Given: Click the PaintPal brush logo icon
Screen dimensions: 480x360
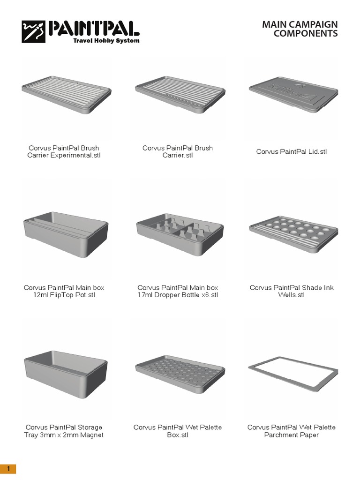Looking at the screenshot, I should tap(33, 31).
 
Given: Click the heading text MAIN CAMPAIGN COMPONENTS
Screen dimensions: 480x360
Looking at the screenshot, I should tap(300, 29).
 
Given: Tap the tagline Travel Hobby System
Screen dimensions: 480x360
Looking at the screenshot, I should tap(106, 41).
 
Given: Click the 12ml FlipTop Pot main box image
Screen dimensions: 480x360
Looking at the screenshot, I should tap(66, 232).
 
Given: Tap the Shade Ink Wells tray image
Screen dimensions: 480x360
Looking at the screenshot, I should tap(292, 232).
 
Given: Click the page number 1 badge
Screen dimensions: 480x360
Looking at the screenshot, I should tap(8, 469).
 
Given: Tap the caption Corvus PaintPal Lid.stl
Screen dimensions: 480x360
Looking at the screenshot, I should tap(292, 152).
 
